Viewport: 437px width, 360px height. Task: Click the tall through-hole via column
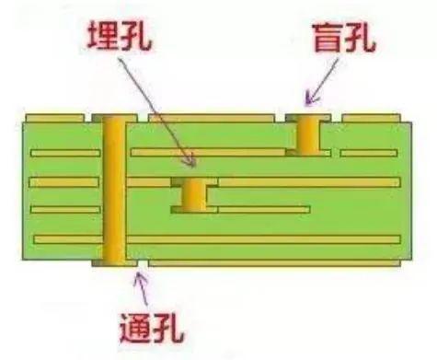pyautogui.click(x=114, y=189)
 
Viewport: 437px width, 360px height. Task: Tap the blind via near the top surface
pyautogui.click(x=306, y=134)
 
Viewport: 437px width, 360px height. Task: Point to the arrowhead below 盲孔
pyautogui.click(x=310, y=97)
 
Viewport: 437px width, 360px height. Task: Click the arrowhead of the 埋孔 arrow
pyautogui.click(x=191, y=163)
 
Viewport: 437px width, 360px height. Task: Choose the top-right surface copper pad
pyautogui.click(x=371, y=119)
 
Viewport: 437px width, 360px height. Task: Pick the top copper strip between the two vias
pyautogui.click(x=211, y=119)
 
